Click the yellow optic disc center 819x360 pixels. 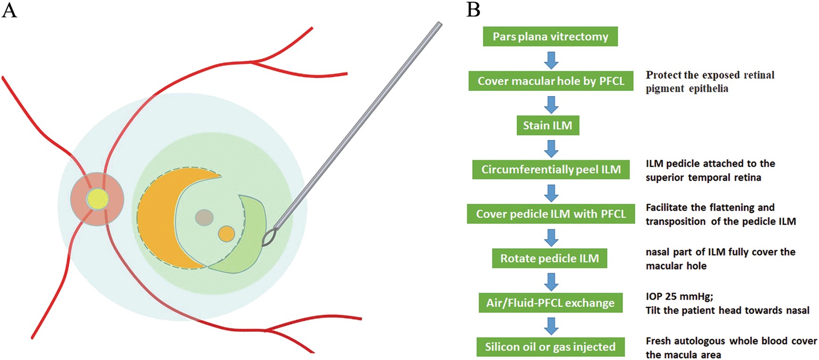pos(97,199)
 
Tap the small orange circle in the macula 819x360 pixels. pos(227,234)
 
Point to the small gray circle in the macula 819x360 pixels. pos(205,217)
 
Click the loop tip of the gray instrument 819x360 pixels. pos(269,238)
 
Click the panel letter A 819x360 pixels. pos(9,10)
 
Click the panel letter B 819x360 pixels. pos(473,10)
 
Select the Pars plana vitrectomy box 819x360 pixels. pos(550,37)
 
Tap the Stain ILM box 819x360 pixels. pos(548,125)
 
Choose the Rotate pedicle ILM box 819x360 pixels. pos(549,258)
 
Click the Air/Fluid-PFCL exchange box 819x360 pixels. pos(550,303)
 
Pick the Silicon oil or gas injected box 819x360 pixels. pos(550,347)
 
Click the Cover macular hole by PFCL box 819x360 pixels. pos(551,81)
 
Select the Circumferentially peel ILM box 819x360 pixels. pos(551,169)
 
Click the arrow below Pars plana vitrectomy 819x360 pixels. pos(551,60)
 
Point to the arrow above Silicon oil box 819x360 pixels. pos(551,326)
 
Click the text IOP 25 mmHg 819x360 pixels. pos(679,296)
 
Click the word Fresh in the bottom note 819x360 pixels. pos(659,341)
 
